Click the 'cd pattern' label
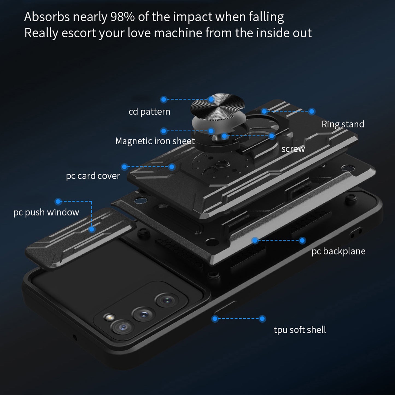pos(149,112)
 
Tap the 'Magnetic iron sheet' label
pos(155,141)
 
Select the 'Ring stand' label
pos(343,124)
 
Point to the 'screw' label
pos(293,149)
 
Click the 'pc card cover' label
pos(93,176)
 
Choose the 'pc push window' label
pos(46,212)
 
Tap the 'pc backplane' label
pos(338,251)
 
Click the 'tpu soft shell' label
pos(300,330)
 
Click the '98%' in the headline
pos(122,17)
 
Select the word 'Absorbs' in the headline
pos(47,17)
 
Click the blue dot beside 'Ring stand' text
pos(312,111)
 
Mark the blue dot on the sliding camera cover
pos(92,229)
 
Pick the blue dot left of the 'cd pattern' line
pos(164,99)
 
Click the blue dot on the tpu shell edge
pos(215,318)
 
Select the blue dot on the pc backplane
pos(255,240)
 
